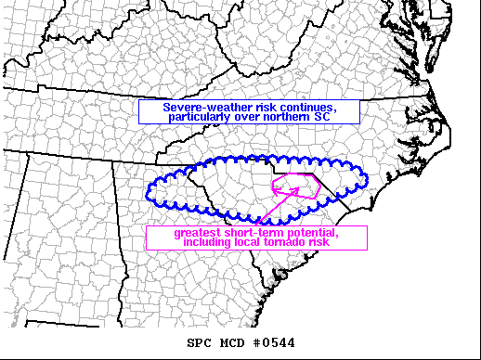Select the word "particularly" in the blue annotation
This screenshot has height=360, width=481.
coord(202,117)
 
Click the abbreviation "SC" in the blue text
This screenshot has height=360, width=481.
coord(321,117)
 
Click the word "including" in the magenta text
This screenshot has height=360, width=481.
coord(209,242)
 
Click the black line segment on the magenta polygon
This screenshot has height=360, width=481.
coord(317,180)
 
